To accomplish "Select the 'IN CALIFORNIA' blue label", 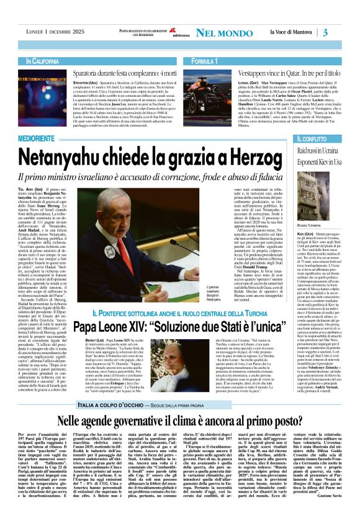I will coord(43,61).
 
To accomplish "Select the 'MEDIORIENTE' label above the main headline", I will coord(45,137).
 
